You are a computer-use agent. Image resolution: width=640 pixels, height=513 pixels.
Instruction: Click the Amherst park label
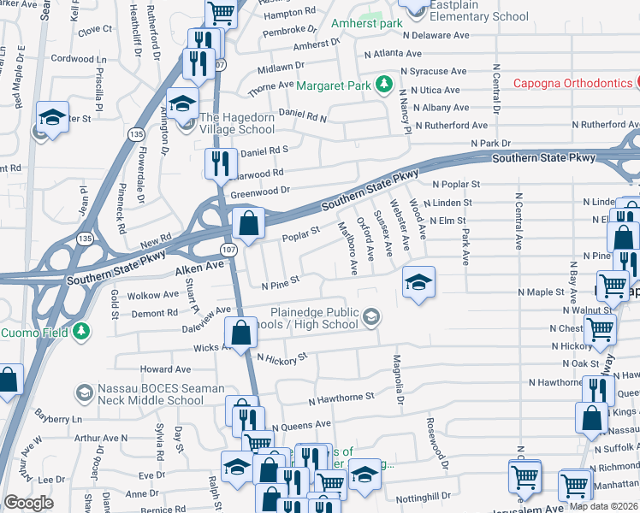(x=368, y=23)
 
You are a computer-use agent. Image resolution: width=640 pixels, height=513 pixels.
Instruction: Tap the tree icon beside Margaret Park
(x=384, y=85)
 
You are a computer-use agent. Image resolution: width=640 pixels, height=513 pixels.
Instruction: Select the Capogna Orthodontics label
(x=572, y=83)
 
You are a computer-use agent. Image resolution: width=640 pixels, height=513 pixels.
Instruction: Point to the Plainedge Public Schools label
(x=314, y=319)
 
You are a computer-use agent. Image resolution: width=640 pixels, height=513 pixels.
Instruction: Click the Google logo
(x=28, y=503)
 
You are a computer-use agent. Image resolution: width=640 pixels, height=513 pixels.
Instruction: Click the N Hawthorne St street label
(x=341, y=398)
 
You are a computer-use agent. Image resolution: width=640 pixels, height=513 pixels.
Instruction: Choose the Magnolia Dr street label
(x=398, y=380)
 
